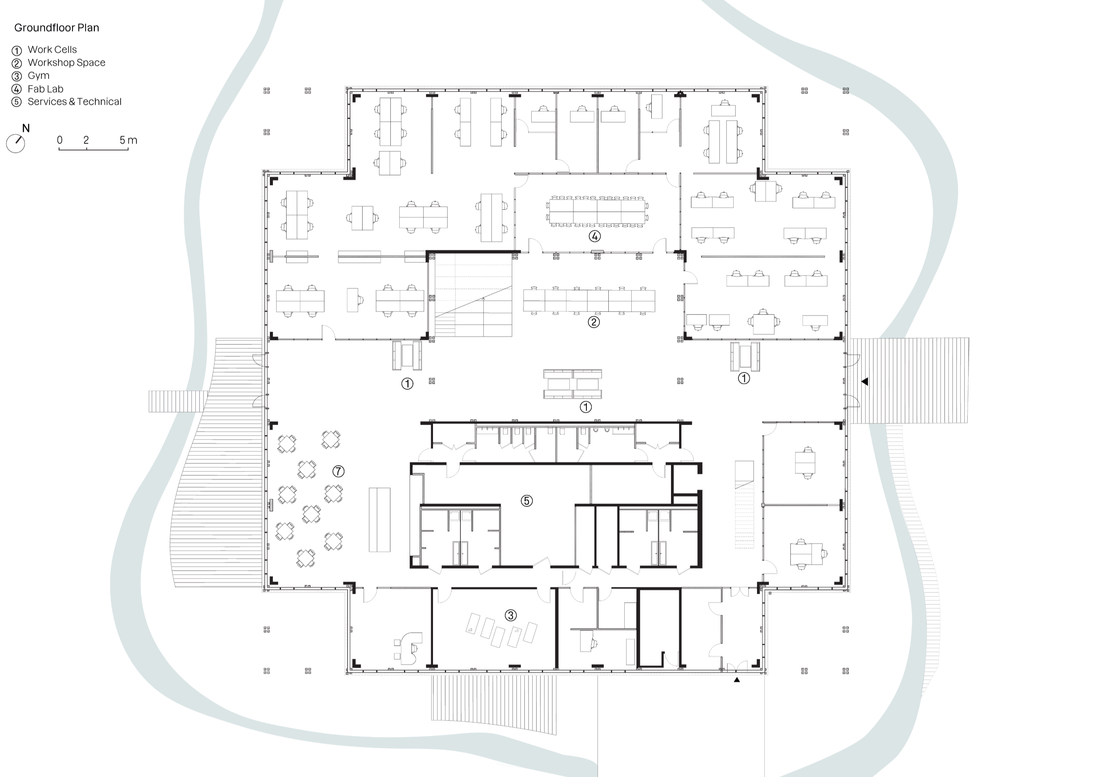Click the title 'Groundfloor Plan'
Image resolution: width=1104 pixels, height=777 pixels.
pos(57,28)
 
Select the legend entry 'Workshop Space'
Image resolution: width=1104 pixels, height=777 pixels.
pos(66,63)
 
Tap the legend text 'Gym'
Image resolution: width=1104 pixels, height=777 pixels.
pos(39,76)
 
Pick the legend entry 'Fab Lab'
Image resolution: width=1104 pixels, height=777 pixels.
pos(46,89)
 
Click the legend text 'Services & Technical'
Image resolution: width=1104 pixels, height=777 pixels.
pos(75,102)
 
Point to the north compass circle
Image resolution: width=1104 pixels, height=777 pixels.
pos(16,144)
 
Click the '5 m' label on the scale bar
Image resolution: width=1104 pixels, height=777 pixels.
pos(128,140)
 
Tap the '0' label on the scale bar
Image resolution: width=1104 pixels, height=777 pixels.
pos(60,140)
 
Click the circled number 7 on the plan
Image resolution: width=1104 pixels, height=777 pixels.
pos(338,471)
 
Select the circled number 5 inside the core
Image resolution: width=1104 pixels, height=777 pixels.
pos(526,501)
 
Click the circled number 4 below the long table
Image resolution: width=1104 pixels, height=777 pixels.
pos(595,236)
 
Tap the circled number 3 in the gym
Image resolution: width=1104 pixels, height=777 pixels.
pos(510,615)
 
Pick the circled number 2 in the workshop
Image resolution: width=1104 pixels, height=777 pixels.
pos(594,322)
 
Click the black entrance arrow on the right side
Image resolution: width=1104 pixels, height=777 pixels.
pos(865,382)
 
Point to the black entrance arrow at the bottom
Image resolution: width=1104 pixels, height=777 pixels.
pos(737,680)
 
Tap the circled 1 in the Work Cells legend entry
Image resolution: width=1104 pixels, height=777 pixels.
pos(17,50)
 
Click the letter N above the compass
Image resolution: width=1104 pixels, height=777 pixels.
pos(26,128)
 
